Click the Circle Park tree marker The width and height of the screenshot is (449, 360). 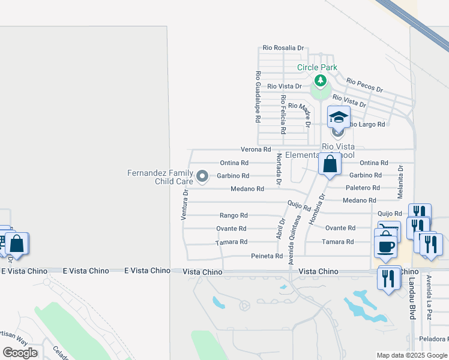pos(321,80)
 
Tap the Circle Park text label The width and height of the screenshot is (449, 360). pos(317,68)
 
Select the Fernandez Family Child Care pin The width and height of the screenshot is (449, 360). pos(202,176)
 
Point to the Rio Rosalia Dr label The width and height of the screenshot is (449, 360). pos(283,48)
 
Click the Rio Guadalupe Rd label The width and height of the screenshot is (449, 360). pos(258,97)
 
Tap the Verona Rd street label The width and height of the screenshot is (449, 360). pos(256,149)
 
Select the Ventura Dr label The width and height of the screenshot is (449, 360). pos(185,205)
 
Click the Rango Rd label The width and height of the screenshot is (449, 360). pos(234,215)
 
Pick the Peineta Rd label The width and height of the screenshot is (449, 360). pos(267,256)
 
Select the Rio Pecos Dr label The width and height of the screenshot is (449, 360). pos(364,85)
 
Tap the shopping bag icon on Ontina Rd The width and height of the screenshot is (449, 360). pos(330,164)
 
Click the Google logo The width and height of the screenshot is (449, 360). pos(20,353)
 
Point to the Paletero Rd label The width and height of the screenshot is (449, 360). pos(363,188)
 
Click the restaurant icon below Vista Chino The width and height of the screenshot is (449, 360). pos(390,278)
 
